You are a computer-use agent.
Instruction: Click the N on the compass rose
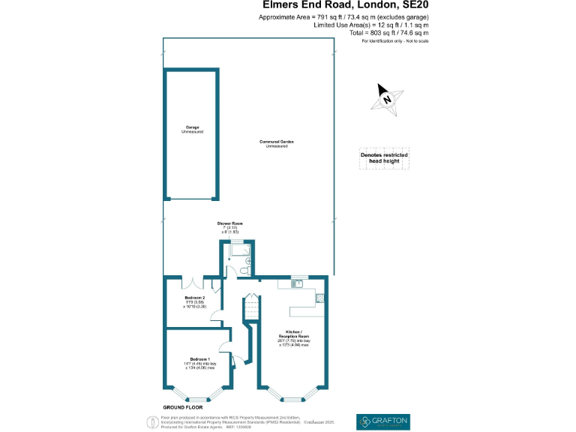pyautogui.click(x=387, y=98)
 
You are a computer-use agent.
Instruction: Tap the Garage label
pyautogui.click(x=192, y=127)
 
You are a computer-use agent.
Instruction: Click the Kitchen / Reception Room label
pyautogui.click(x=295, y=331)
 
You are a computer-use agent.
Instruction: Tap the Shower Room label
pyautogui.click(x=230, y=223)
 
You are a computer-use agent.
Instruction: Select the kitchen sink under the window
pyautogui.click(x=298, y=283)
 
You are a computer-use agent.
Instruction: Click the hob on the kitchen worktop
pyautogui.click(x=320, y=297)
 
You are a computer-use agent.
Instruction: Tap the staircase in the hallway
pyautogui.click(x=248, y=308)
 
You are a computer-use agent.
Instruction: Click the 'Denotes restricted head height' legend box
pyautogui.click(x=384, y=157)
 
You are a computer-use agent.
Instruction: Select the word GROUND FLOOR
pyautogui.click(x=183, y=406)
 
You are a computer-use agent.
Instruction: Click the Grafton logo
pyautogui.click(x=383, y=421)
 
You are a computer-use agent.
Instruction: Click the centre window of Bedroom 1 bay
pyautogui.click(x=199, y=399)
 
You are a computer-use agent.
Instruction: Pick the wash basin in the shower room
pyautogui.click(x=250, y=260)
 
